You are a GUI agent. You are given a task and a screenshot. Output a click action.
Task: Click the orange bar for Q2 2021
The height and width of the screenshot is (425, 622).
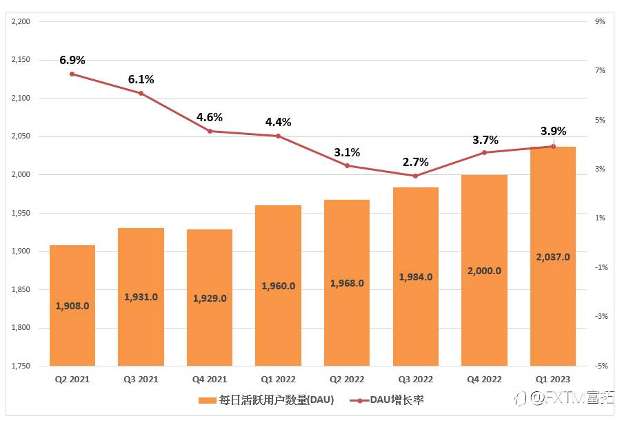point(72,305)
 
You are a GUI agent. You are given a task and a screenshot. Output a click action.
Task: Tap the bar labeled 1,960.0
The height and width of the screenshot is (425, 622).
point(278,285)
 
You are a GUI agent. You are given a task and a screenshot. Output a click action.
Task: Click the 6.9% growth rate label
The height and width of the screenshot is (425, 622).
point(72,61)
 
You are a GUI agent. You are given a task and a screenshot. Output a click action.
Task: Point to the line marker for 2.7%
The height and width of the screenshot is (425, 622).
point(415,176)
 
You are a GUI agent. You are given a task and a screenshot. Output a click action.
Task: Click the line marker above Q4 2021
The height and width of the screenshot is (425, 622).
point(210,131)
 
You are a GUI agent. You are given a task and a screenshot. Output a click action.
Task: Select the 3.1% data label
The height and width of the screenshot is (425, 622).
point(347,152)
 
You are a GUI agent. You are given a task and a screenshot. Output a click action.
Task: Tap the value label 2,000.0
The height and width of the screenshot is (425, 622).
point(484,271)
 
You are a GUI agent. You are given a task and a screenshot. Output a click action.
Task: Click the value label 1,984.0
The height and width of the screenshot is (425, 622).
point(415,277)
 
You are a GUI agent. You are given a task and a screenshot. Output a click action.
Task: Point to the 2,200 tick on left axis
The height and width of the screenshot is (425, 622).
point(21,22)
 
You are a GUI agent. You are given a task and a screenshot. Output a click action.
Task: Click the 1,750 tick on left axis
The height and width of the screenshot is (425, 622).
point(21,366)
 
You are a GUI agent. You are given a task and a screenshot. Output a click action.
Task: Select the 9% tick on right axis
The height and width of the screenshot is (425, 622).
point(600,22)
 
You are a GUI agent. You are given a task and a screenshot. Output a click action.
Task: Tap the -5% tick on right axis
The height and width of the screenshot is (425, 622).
point(600,366)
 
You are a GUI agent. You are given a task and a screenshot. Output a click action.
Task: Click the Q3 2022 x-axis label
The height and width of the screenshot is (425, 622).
point(415,379)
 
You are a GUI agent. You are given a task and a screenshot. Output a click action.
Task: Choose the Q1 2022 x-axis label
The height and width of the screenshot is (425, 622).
point(278,379)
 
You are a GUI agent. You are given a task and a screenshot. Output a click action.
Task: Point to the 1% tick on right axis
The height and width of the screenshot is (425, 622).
point(600,218)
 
